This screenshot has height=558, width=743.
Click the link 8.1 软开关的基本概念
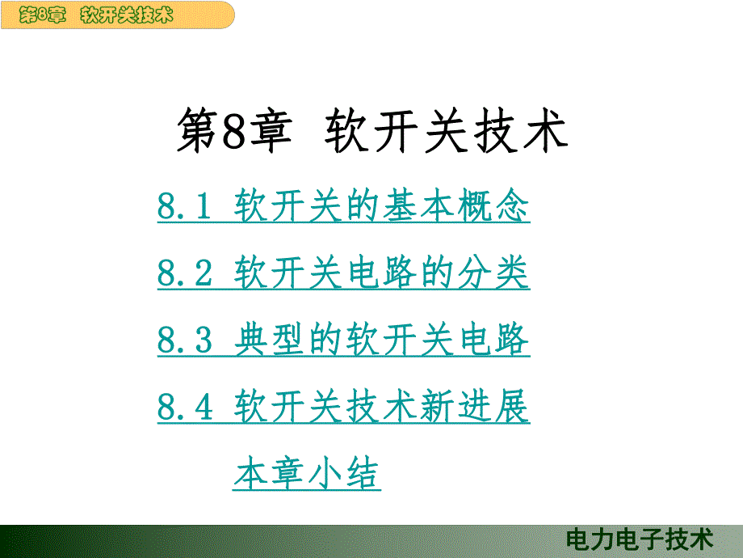coord(343,209)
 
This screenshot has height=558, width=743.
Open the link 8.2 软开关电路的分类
coord(343,275)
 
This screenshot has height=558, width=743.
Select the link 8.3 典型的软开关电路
coord(343,341)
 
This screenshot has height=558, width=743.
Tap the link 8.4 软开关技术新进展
coord(343,408)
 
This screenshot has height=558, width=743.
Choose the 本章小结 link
coord(307,474)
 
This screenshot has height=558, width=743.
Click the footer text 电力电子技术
coord(640,539)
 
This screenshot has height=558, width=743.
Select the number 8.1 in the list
coord(184,209)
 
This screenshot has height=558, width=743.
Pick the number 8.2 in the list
coord(184,275)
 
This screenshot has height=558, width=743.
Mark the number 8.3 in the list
coord(184,341)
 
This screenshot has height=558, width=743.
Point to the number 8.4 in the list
coord(185,408)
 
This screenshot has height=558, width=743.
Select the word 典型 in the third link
coord(271,341)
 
